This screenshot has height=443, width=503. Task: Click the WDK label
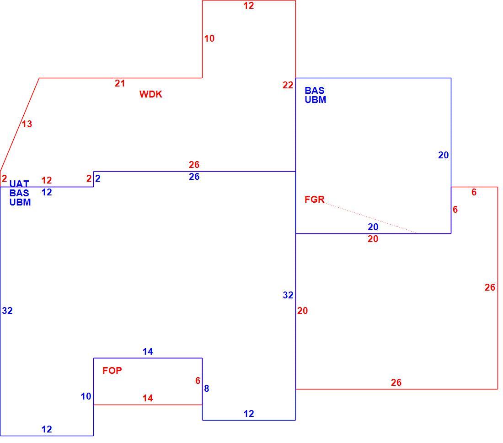(x=151, y=94)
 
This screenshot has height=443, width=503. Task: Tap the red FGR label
(x=315, y=200)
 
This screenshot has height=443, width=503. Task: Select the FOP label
(x=112, y=370)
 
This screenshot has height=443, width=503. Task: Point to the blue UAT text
(x=19, y=184)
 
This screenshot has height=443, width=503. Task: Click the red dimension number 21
(x=120, y=83)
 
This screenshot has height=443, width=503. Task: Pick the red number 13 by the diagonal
(x=27, y=124)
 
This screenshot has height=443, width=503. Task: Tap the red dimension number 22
(x=288, y=85)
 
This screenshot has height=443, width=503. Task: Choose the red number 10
(x=209, y=38)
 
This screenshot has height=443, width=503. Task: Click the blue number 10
(x=86, y=396)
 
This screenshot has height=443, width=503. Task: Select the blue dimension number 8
(x=207, y=389)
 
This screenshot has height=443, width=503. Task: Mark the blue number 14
(x=148, y=351)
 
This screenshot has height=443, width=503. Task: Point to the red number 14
(x=148, y=398)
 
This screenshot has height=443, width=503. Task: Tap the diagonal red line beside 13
(x=20, y=124)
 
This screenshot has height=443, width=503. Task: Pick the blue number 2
(x=98, y=178)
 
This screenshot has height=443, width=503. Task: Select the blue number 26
(x=194, y=177)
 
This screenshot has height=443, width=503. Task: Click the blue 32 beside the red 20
(x=288, y=295)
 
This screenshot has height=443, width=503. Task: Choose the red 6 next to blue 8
(x=198, y=381)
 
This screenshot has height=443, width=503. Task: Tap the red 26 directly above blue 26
(x=194, y=165)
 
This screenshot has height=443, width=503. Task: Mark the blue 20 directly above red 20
(x=373, y=227)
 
